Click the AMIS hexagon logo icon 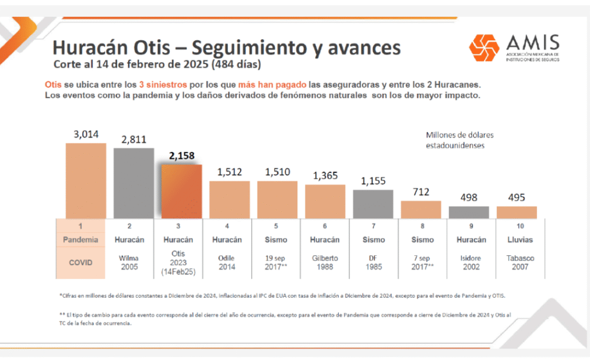[484, 48]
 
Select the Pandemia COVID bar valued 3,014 [86, 181]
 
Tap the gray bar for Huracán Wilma [134, 183]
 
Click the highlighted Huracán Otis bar [181, 191]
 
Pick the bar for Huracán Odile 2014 [229, 200]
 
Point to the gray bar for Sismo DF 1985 [373, 204]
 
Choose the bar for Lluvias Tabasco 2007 [517, 213]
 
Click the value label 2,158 [181, 156]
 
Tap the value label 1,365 [326, 176]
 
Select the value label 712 [421, 192]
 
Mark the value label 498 [469, 198]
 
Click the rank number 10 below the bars [520, 226]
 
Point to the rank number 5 [276, 226]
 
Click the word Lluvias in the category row [520, 240]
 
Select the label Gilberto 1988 [325, 263]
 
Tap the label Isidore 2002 [471, 263]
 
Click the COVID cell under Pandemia [81, 263]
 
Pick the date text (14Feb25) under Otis [179, 272]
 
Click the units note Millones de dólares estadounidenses [459, 141]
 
